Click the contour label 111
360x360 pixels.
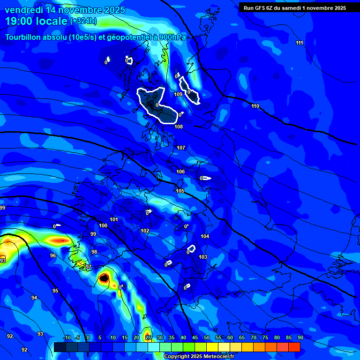click(x=299, y=43)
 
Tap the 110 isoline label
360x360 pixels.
click(x=255, y=106)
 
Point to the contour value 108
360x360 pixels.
click(x=179, y=127)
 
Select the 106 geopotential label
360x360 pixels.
click(x=180, y=172)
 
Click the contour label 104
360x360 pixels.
click(x=205, y=237)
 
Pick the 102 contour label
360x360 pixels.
click(x=145, y=231)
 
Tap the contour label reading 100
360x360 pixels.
click(x=103, y=225)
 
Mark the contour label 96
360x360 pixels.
click(x=53, y=256)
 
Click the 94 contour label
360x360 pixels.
click(x=34, y=298)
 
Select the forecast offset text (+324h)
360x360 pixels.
click(x=83, y=21)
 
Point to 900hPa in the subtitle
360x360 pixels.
click(x=170, y=37)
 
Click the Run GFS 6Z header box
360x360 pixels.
click(x=294, y=8)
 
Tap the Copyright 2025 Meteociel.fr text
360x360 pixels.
click(x=199, y=357)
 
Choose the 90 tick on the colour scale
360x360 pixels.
click(x=300, y=338)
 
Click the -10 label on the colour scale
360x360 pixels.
click(x=67, y=338)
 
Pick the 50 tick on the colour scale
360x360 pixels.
click(x=207, y=338)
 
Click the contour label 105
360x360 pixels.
click(x=180, y=191)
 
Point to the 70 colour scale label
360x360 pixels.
click(x=254, y=338)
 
